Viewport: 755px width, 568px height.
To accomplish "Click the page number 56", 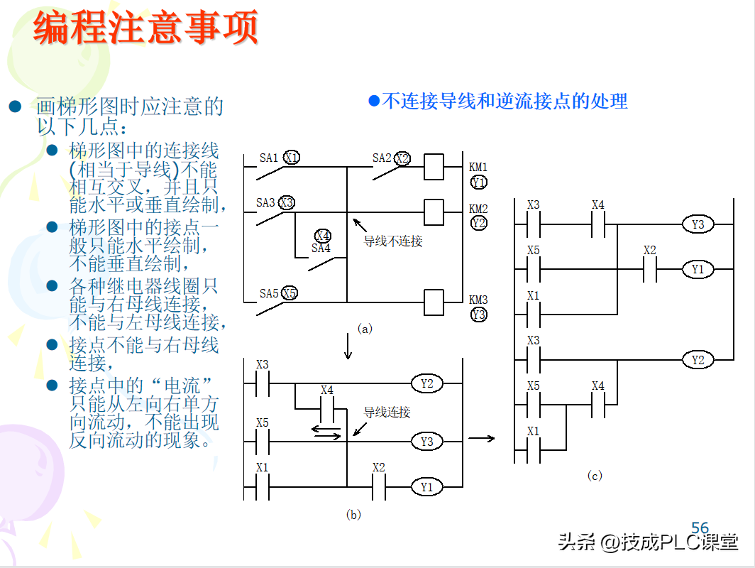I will [x=700, y=528].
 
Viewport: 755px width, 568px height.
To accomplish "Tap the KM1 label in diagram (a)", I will [x=478, y=168].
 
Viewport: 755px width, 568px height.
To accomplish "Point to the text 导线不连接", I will [x=393, y=241].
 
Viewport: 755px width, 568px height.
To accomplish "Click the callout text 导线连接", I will [x=387, y=413].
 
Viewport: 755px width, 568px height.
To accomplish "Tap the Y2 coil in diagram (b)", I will [x=426, y=384].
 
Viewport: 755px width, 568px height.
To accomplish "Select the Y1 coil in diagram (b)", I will [x=426, y=487].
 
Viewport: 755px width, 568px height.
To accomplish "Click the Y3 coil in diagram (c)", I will [x=698, y=224].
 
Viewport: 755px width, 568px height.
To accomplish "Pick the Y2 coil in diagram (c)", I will [x=698, y=360].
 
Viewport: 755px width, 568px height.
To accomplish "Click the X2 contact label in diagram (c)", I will [x=650, y=251].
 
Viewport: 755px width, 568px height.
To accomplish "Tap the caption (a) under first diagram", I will [x=365, y=329].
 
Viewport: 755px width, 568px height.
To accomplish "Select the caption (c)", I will [x=595, y=476].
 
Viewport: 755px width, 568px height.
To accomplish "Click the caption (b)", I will [x=353, y=515].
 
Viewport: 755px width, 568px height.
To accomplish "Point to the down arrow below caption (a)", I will [x=348, y=346].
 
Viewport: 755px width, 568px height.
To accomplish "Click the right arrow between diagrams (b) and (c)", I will [x=482, y=438].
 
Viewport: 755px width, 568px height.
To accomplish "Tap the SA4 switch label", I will [x=321, y=248].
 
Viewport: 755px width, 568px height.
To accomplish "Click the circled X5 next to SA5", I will [x=289, y=293].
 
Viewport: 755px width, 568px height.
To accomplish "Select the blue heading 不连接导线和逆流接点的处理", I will [x=498, y=101].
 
